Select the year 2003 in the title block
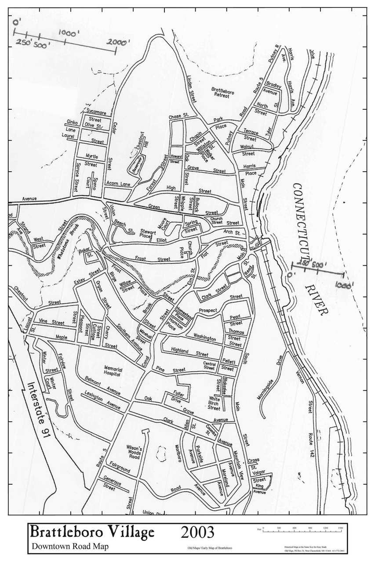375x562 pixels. tap(197, 532)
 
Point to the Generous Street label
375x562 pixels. tap(112, 483)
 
